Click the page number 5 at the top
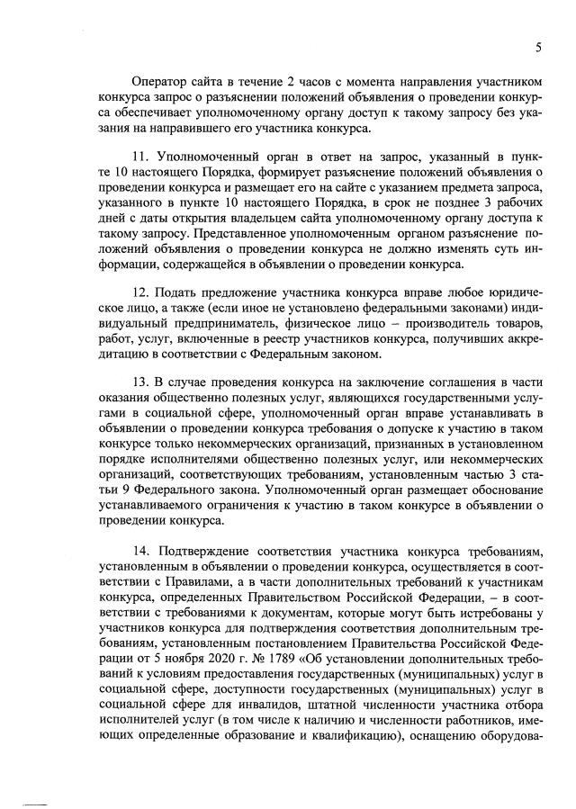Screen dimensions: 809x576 tap(538, 47)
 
